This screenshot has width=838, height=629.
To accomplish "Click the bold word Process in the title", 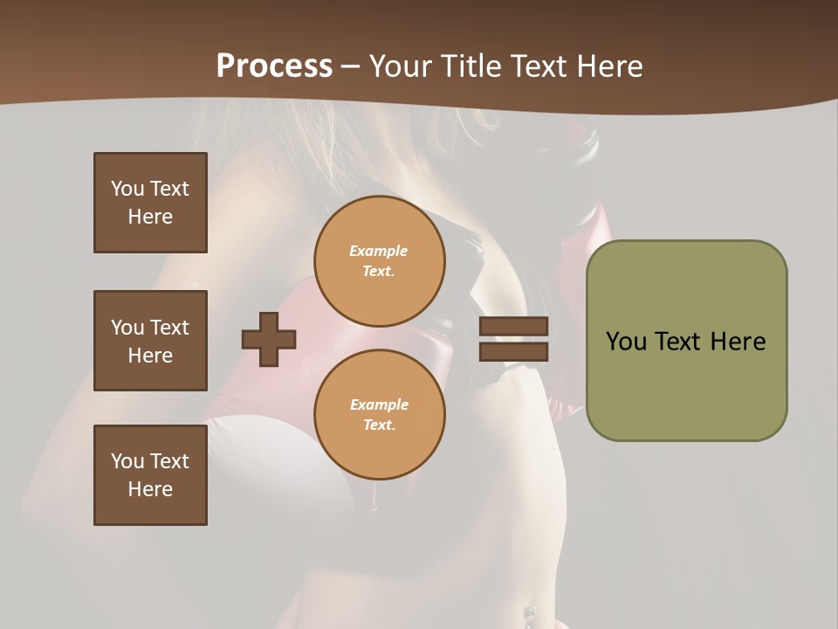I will tap(274, 66).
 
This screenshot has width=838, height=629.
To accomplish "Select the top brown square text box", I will tap(150, 203).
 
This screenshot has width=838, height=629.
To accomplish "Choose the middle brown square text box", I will tap(150, 341).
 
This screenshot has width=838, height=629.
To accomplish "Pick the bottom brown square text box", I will tap(150, 475).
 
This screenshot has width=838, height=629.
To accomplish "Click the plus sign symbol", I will tap(269, 339).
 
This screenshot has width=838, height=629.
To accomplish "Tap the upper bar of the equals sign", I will tap(513, 326).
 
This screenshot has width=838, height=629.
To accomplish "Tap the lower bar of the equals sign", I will tap(513, 352).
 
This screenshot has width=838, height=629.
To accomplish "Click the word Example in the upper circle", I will tap(379, 251).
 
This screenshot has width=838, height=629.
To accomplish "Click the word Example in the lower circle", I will tap(379, 404).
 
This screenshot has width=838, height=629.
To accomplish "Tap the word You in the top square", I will tap(127, 189).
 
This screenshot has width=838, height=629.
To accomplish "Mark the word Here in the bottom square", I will tap(150, 489).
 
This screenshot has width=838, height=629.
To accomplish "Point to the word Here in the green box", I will tap(738, 342).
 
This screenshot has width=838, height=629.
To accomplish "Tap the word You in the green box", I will tap(626, 342).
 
